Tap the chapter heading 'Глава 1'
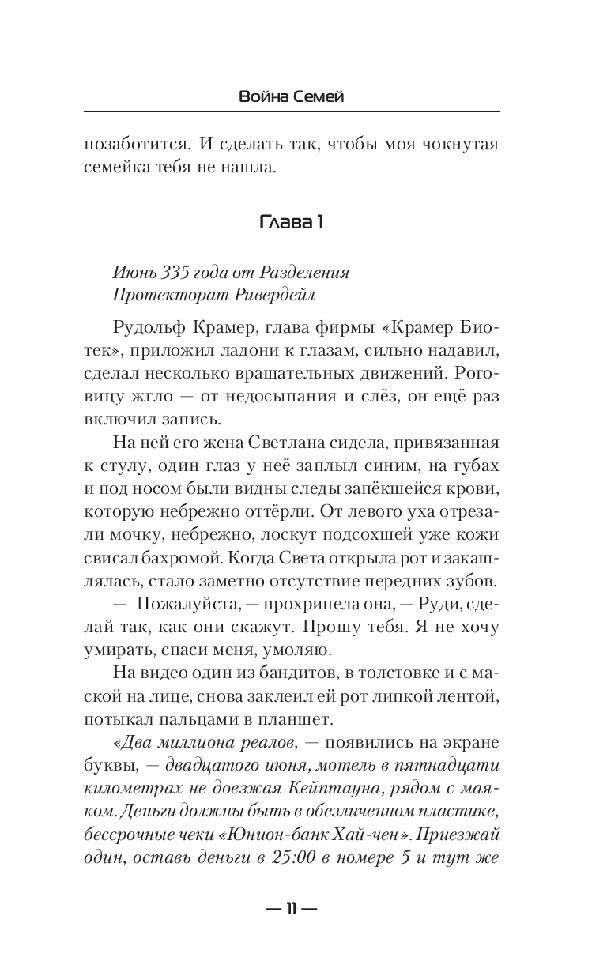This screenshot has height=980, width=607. tap(291, 223)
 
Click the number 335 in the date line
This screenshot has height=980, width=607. tap(175, 273)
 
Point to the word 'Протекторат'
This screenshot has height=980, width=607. tap(163, 296)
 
